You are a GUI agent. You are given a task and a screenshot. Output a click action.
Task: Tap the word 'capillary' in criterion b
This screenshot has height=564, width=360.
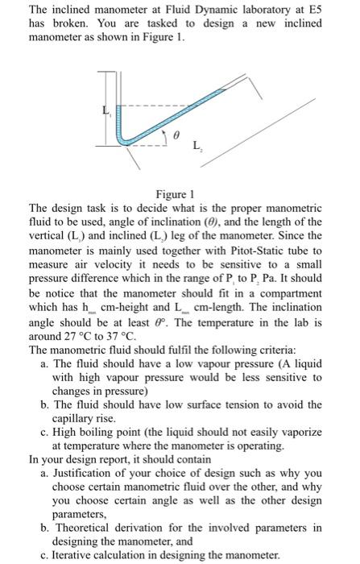point(75,419)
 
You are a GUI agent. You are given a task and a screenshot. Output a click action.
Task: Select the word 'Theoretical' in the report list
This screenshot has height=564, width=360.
point(83,529)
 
